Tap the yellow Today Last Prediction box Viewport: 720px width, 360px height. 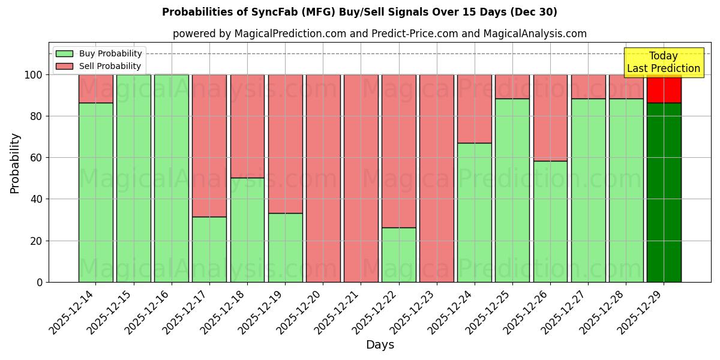pyautogui.click(x=664, y=62)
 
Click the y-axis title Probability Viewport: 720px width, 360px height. pyautogui.click(x=15, y=163)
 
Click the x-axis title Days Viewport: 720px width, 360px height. pyautogui.click(x=380, y=344)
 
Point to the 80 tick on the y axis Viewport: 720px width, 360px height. pyautogui.click(x=37, y=116)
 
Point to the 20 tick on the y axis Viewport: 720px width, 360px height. pyautogui.click(x=37, y=241)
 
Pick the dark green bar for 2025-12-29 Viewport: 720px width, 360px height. pyautogui.click(x=664, y=192)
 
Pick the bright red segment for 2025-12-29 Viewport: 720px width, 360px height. pyautogui.click(x=664, y=89)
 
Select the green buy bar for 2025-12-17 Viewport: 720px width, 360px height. pyautogui.click(x=209, y=249)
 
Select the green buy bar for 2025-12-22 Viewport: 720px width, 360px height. pyautogui.click(x=399, y=254)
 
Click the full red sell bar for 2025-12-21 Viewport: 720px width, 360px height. pyautogui.click(x=361, y=178)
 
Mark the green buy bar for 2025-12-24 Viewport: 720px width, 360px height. pyautogui.click(x=475, y=212)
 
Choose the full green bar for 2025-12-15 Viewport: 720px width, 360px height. pyautogui.click(x=134, y=178)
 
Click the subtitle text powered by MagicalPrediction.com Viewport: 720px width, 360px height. pyautogui.click(x=380, y=34)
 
